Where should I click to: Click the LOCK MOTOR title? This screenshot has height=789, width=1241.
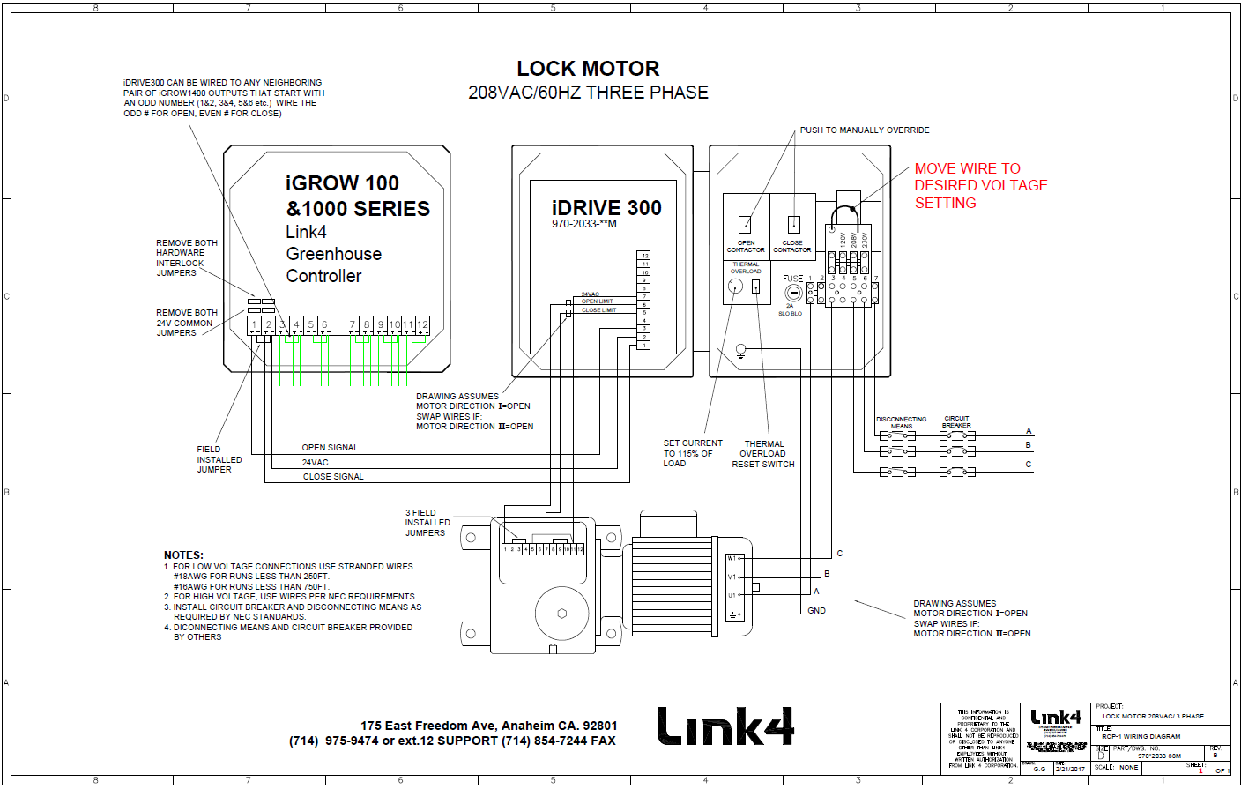click(588, 69)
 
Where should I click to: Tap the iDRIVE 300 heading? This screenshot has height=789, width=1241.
click(606, 208)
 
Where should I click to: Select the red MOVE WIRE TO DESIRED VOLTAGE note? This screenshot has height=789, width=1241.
click(980, 185)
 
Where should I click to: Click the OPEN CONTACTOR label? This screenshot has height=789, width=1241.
click(746, 246)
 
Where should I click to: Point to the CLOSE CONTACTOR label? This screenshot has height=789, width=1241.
click(791, 246)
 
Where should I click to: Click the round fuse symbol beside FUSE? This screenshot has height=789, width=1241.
click(793, 293)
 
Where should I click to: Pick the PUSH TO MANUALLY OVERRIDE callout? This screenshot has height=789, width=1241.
click(864, 130)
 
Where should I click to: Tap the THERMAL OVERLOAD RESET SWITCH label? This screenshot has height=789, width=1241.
click(763, 454)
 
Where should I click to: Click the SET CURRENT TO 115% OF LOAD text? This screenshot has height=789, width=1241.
click(692, 453)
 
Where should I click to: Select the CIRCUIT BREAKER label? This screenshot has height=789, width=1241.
click(956, 422)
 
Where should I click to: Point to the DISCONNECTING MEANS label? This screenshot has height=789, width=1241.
click(901, 422)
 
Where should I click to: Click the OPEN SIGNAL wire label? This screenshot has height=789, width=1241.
click(330, 448)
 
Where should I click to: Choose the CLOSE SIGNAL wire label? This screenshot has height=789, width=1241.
click(333, 477)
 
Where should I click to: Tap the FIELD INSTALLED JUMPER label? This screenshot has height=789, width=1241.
click(219, 459)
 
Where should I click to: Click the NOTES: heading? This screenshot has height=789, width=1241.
click(183, 555)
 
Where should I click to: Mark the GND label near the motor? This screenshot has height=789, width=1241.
click(816, 611)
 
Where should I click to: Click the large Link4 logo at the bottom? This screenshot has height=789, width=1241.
click(725, 726)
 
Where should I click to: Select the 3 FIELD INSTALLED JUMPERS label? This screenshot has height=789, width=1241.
click(427, 523)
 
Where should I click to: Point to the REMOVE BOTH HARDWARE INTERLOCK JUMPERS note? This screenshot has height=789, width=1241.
click(186, 257)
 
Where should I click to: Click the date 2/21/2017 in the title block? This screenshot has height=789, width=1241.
click(1071, 769)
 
